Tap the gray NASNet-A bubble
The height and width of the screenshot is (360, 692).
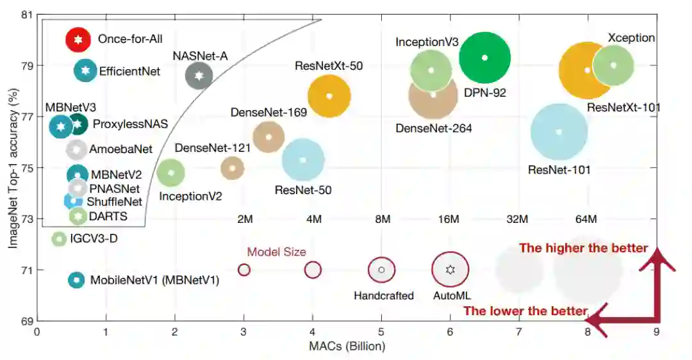[x=199, y=76]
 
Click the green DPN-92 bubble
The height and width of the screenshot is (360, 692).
[x=485, y=58]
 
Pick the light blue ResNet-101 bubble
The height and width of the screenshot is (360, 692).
[x=559, y=132]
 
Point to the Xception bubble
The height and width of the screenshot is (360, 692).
[x=613, y=65]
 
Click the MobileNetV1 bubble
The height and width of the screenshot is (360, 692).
[x=76, y=280]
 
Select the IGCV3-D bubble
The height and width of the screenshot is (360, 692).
[x=59, y=239]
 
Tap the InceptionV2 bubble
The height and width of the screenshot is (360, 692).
[x=170, y=172]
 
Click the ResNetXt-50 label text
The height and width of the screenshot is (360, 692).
[x=329, y=65]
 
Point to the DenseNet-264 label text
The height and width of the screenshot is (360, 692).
[x=434, y=128]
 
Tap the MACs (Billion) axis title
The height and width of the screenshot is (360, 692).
[x=347, y=347]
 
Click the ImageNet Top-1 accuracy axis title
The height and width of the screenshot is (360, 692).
[x=11, y=167]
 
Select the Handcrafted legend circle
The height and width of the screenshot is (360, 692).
[x=381, y=270]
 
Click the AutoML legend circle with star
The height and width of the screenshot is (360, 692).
[x=450, y=270]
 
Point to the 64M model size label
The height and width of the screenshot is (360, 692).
[x=586, y=220]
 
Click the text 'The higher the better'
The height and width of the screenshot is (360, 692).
[x=583, y=248]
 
